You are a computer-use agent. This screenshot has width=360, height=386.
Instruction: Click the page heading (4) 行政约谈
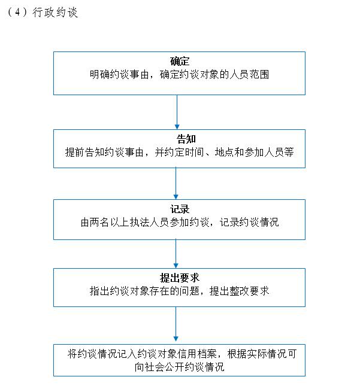click(x=43, y=12)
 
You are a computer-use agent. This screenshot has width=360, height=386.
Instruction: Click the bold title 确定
click(x=180, y=61)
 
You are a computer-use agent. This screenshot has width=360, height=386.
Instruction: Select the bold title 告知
click(x=186, y=139)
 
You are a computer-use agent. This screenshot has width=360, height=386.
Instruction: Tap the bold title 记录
click(x=180, y=209)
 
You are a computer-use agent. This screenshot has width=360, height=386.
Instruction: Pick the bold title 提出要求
click(x=179, y=278)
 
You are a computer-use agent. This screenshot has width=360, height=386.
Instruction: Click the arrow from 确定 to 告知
click(x=177, y=112)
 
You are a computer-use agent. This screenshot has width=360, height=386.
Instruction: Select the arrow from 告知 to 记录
click(x=176, y=183)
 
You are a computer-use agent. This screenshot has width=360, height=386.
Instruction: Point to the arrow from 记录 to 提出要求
click(x=176, y=254)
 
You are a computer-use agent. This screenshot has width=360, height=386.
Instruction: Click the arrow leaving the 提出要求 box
click(x=176, y=324)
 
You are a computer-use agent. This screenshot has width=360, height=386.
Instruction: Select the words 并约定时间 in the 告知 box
click(x=180, y=152)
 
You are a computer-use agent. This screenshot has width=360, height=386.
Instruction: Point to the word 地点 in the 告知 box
click(x=225, y=152)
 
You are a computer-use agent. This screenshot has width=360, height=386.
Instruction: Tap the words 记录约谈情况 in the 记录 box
click(x=249, y=222)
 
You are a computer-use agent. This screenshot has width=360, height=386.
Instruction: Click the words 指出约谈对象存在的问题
click(x=144, y=291)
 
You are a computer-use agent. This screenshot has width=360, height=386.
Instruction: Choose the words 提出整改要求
click(x=239, y=291)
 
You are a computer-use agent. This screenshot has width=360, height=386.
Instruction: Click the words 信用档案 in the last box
click(x=197, y=354)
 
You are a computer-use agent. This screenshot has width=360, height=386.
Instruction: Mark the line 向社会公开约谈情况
click(x=179, y=367)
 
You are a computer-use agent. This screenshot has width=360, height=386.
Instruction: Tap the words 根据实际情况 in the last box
click(x=257, y=354)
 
